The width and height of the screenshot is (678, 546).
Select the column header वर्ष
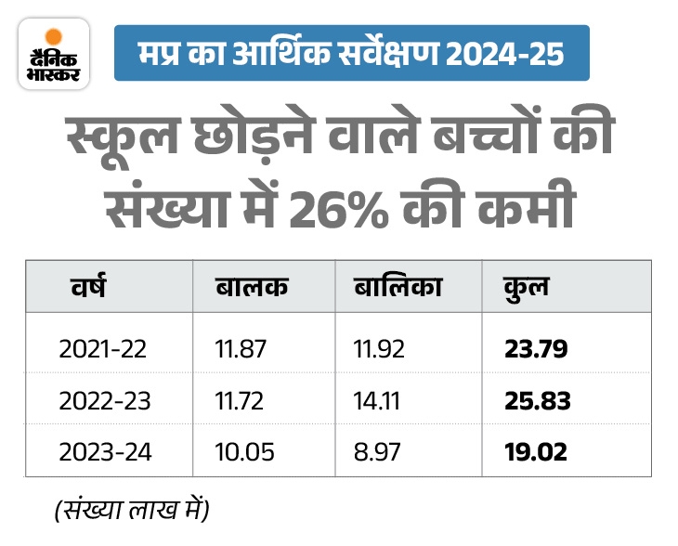88,286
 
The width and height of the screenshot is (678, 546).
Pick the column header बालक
251,286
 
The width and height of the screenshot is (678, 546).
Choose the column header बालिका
398,286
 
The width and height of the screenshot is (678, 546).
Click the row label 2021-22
102,349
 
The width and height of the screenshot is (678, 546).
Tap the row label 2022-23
102,401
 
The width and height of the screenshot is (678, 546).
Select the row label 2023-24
102,453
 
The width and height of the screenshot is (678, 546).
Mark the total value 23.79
536,349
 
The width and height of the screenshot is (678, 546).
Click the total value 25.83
537,401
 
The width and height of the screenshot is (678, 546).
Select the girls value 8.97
377,453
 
